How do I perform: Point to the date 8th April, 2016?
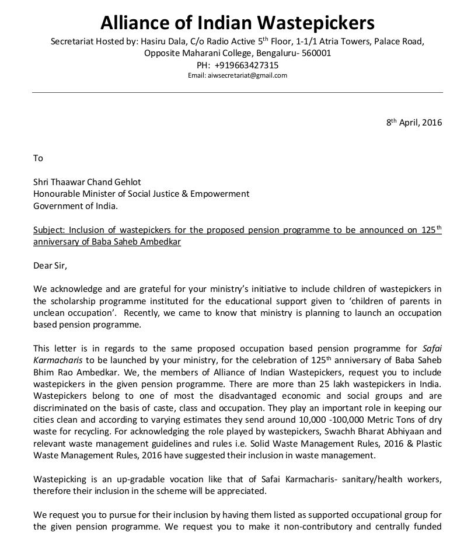click(x=414, y=123)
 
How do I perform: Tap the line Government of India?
click(x=75, y=206)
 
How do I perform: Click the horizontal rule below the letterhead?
click(x=237, y=92)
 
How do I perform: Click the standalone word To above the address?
click(x=39, y=158)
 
